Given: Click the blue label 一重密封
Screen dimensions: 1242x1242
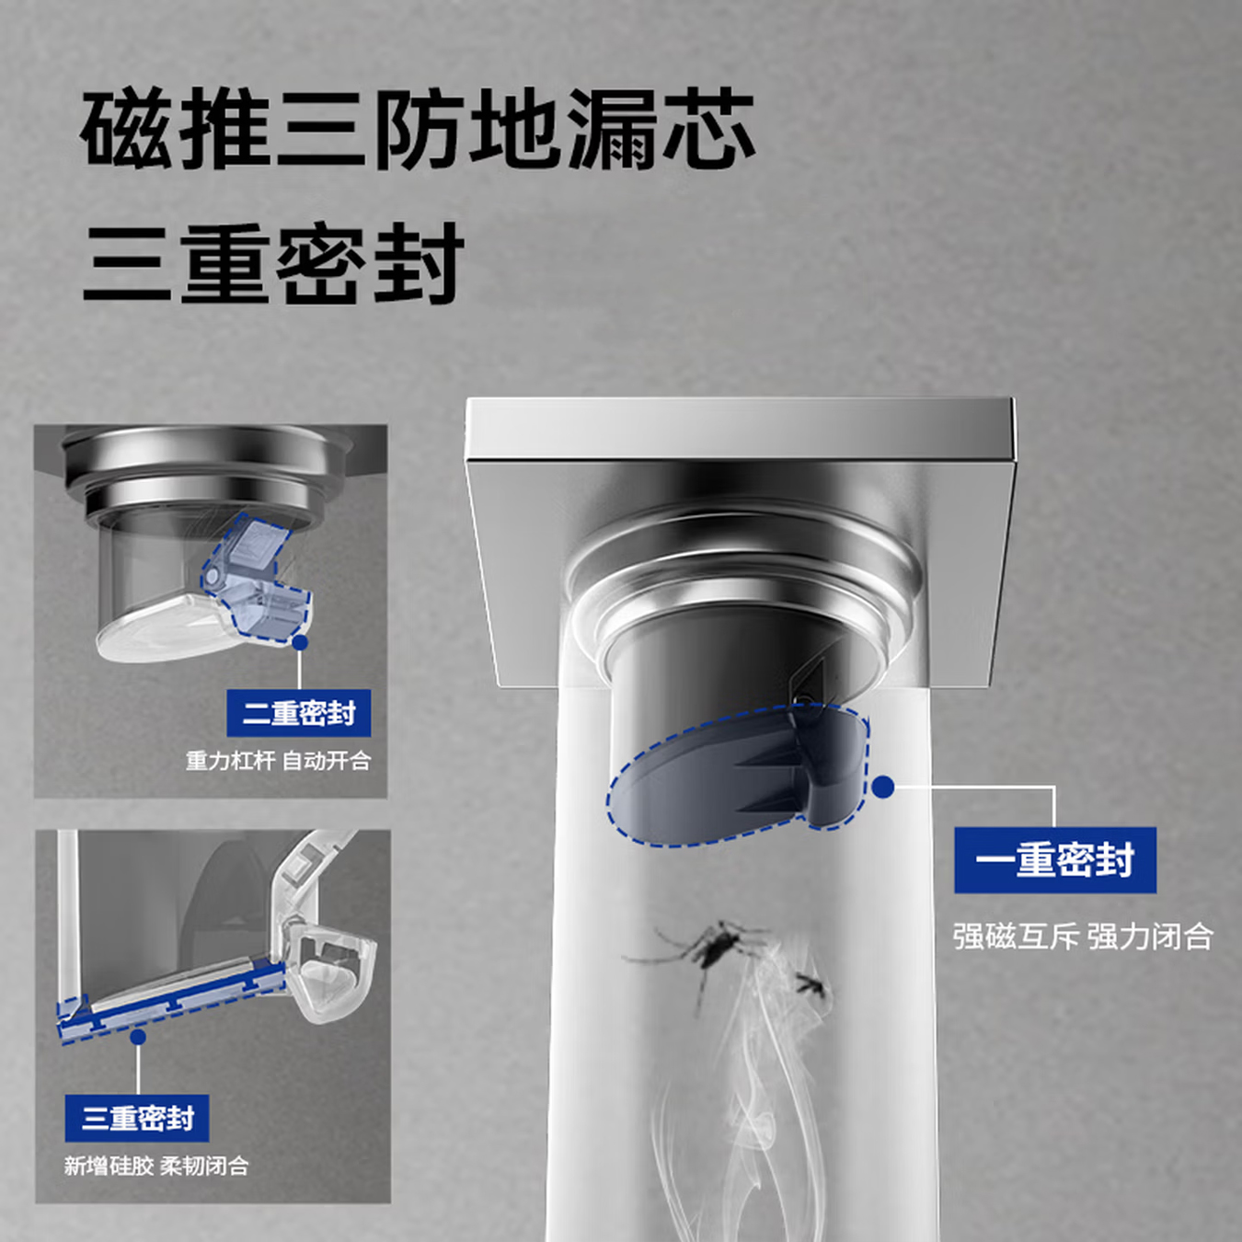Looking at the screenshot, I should point(1054,860).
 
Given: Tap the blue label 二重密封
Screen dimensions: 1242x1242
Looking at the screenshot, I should point(298,713).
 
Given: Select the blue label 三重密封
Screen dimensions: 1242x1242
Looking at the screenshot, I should point(137,1118).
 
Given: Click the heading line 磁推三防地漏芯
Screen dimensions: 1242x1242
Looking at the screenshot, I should point(419,130).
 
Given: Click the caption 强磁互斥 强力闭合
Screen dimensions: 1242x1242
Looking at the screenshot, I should point(1082,937).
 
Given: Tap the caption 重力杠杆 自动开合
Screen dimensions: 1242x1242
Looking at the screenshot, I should point(278,761).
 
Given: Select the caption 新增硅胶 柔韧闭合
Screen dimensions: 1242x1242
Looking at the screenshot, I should point(156,1166).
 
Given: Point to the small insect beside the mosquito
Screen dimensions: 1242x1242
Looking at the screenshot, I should point(812,987).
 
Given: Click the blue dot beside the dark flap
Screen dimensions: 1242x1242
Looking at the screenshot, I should point(883,787).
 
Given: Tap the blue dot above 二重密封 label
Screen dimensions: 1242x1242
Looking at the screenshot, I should point(299,643).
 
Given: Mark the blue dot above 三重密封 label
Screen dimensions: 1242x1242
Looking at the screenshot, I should point(138,1037).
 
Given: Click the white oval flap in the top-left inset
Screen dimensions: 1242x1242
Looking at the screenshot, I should point(156,630).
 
